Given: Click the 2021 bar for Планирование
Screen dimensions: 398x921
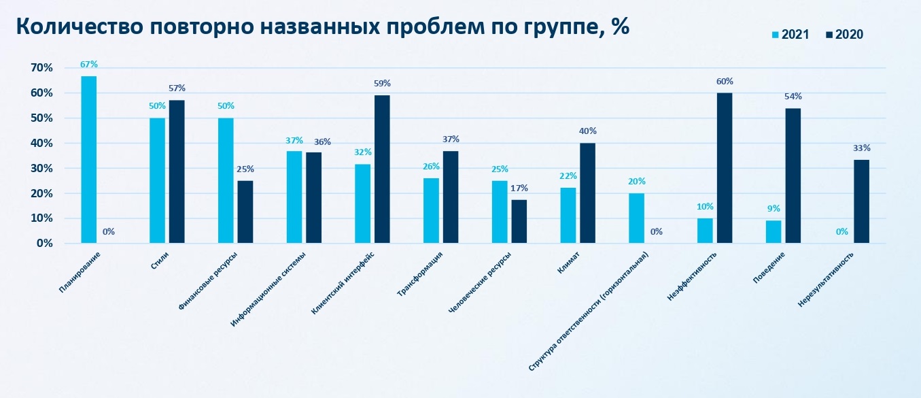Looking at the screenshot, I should [88, 159].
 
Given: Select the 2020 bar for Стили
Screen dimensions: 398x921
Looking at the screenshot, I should [177, 171].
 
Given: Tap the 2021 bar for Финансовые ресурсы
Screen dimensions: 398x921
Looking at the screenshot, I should [226, 180].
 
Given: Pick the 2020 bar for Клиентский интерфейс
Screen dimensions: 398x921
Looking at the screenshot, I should [382, 169].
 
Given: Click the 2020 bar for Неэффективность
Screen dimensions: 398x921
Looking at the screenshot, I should [725, 167].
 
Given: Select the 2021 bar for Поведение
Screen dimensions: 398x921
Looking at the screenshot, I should [774, 231].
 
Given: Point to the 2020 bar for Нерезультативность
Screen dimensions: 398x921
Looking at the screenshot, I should [861, 201].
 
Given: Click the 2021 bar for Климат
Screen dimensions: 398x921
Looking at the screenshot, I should [568, 215].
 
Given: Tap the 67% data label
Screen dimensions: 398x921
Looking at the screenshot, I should [89, 65].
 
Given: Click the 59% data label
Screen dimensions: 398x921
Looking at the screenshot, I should [383, 84].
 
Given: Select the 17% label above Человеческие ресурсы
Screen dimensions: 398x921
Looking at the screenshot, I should [519, 188].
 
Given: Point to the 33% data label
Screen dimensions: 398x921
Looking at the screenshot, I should [862, 148].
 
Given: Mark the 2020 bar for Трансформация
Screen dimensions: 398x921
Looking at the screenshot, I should [451, 197].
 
